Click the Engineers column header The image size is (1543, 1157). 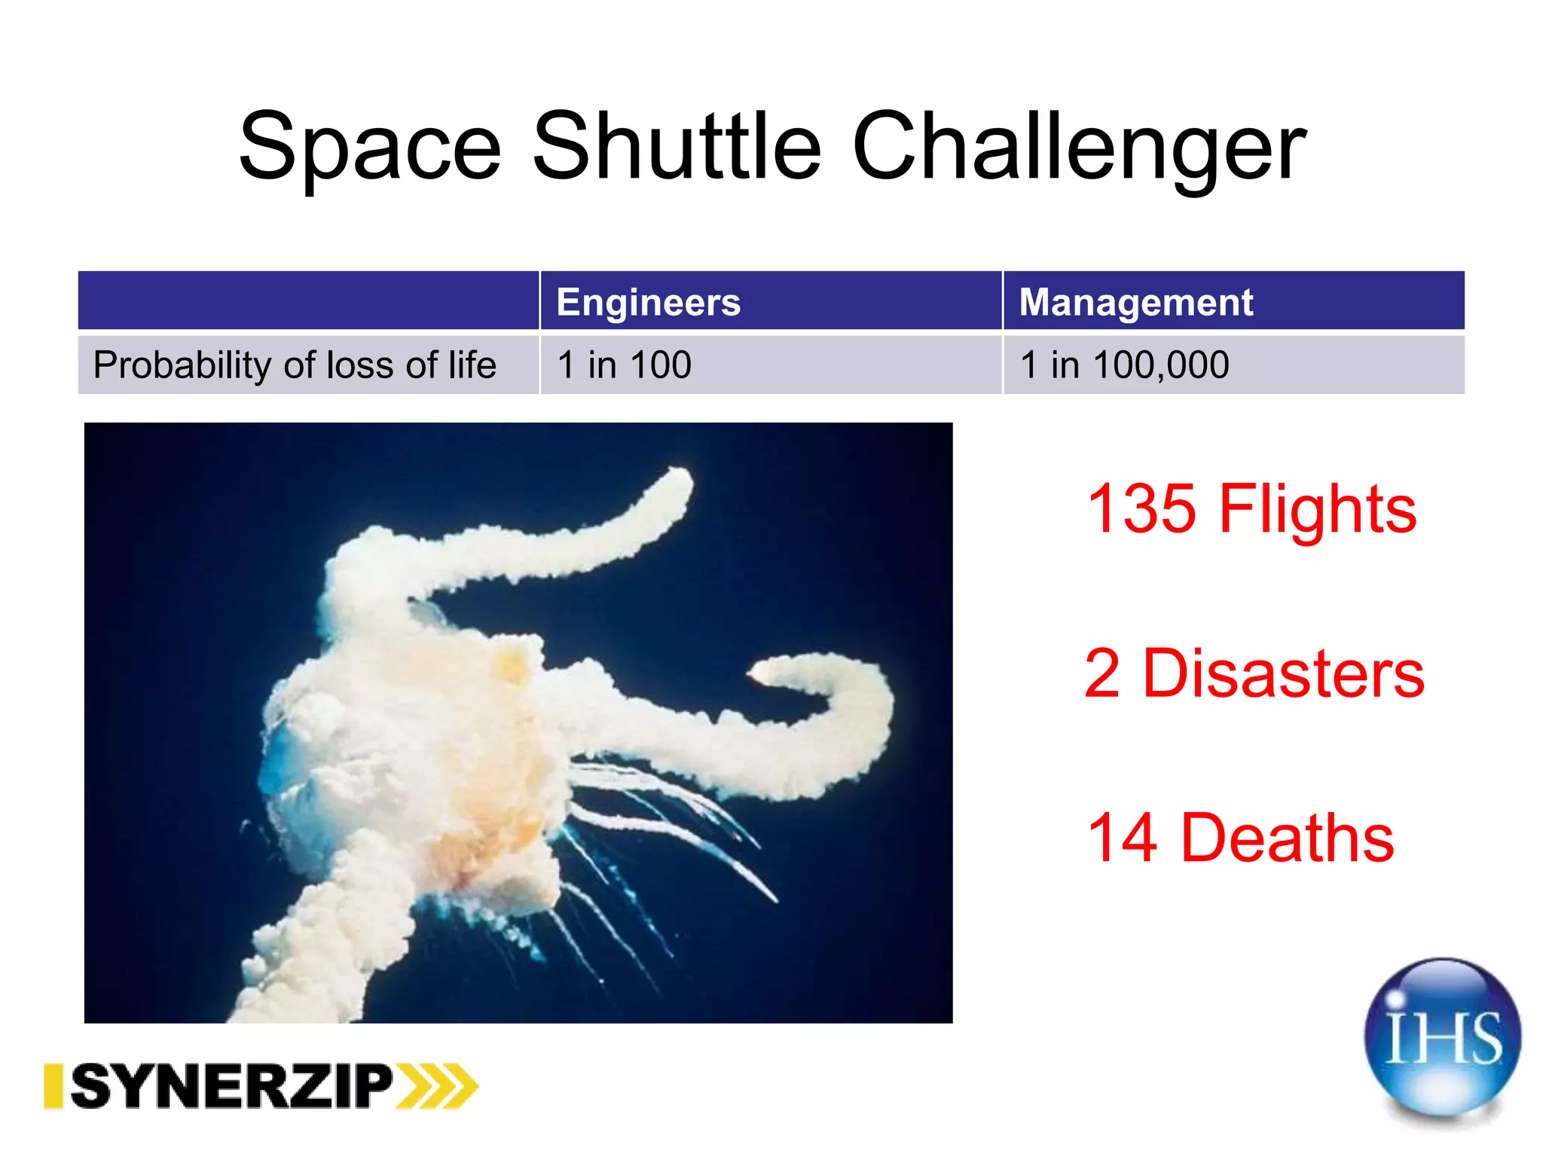[x=648, y=302]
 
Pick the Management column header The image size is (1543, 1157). [x=1135, y=302]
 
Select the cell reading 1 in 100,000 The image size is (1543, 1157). [x=1124, y=365]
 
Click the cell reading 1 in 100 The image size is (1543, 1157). [x=624, y=365]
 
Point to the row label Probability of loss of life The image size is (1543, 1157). [x=295, y=365]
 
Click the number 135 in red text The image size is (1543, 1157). [x=1141, y=510]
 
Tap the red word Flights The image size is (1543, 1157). [x=1317, y=510]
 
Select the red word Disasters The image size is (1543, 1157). [x=1283, y=673]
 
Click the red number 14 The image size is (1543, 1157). [x=1122, y=838]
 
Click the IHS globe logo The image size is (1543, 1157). [x=1442, y=1037]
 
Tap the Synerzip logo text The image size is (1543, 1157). [x=232, y=1085]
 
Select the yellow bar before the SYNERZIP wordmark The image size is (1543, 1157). [x=53, y=1085]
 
